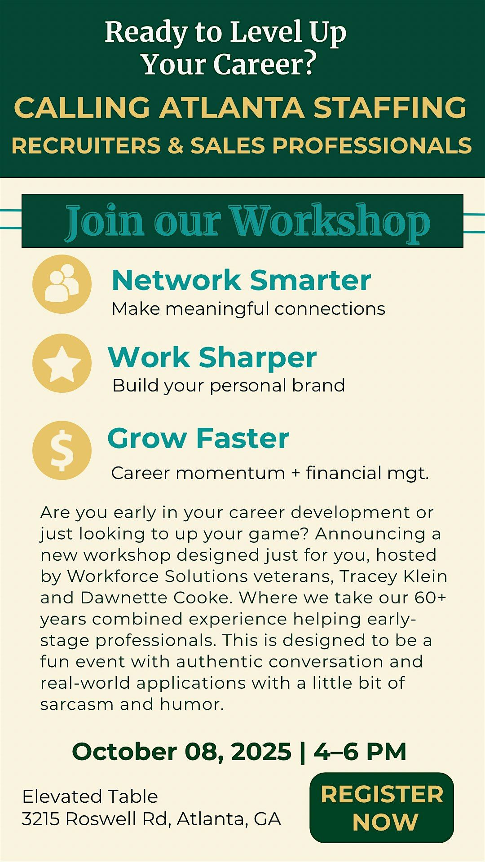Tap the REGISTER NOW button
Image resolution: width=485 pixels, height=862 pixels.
[382, 808]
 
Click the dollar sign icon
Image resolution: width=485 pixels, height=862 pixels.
[62, 450]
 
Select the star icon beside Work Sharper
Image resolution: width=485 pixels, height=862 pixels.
[62, 363]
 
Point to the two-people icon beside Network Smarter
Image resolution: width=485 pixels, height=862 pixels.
[62, 284]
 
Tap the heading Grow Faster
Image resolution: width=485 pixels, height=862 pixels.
[198, 438]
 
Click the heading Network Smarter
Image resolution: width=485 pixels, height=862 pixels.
[241, 280]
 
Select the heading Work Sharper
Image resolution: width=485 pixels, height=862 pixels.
[212, 358]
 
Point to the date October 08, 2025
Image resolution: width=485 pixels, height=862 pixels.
[182, 752]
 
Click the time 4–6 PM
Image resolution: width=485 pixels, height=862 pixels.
[360, 752]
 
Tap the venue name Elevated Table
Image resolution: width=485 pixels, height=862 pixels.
[90, 796]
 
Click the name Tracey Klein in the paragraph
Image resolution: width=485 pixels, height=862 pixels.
[393, 576]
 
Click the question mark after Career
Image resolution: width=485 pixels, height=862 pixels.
[309, 64]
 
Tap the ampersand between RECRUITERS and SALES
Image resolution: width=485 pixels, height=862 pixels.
[176, 146]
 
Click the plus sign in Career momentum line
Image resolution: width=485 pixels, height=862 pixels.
[295, 473]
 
